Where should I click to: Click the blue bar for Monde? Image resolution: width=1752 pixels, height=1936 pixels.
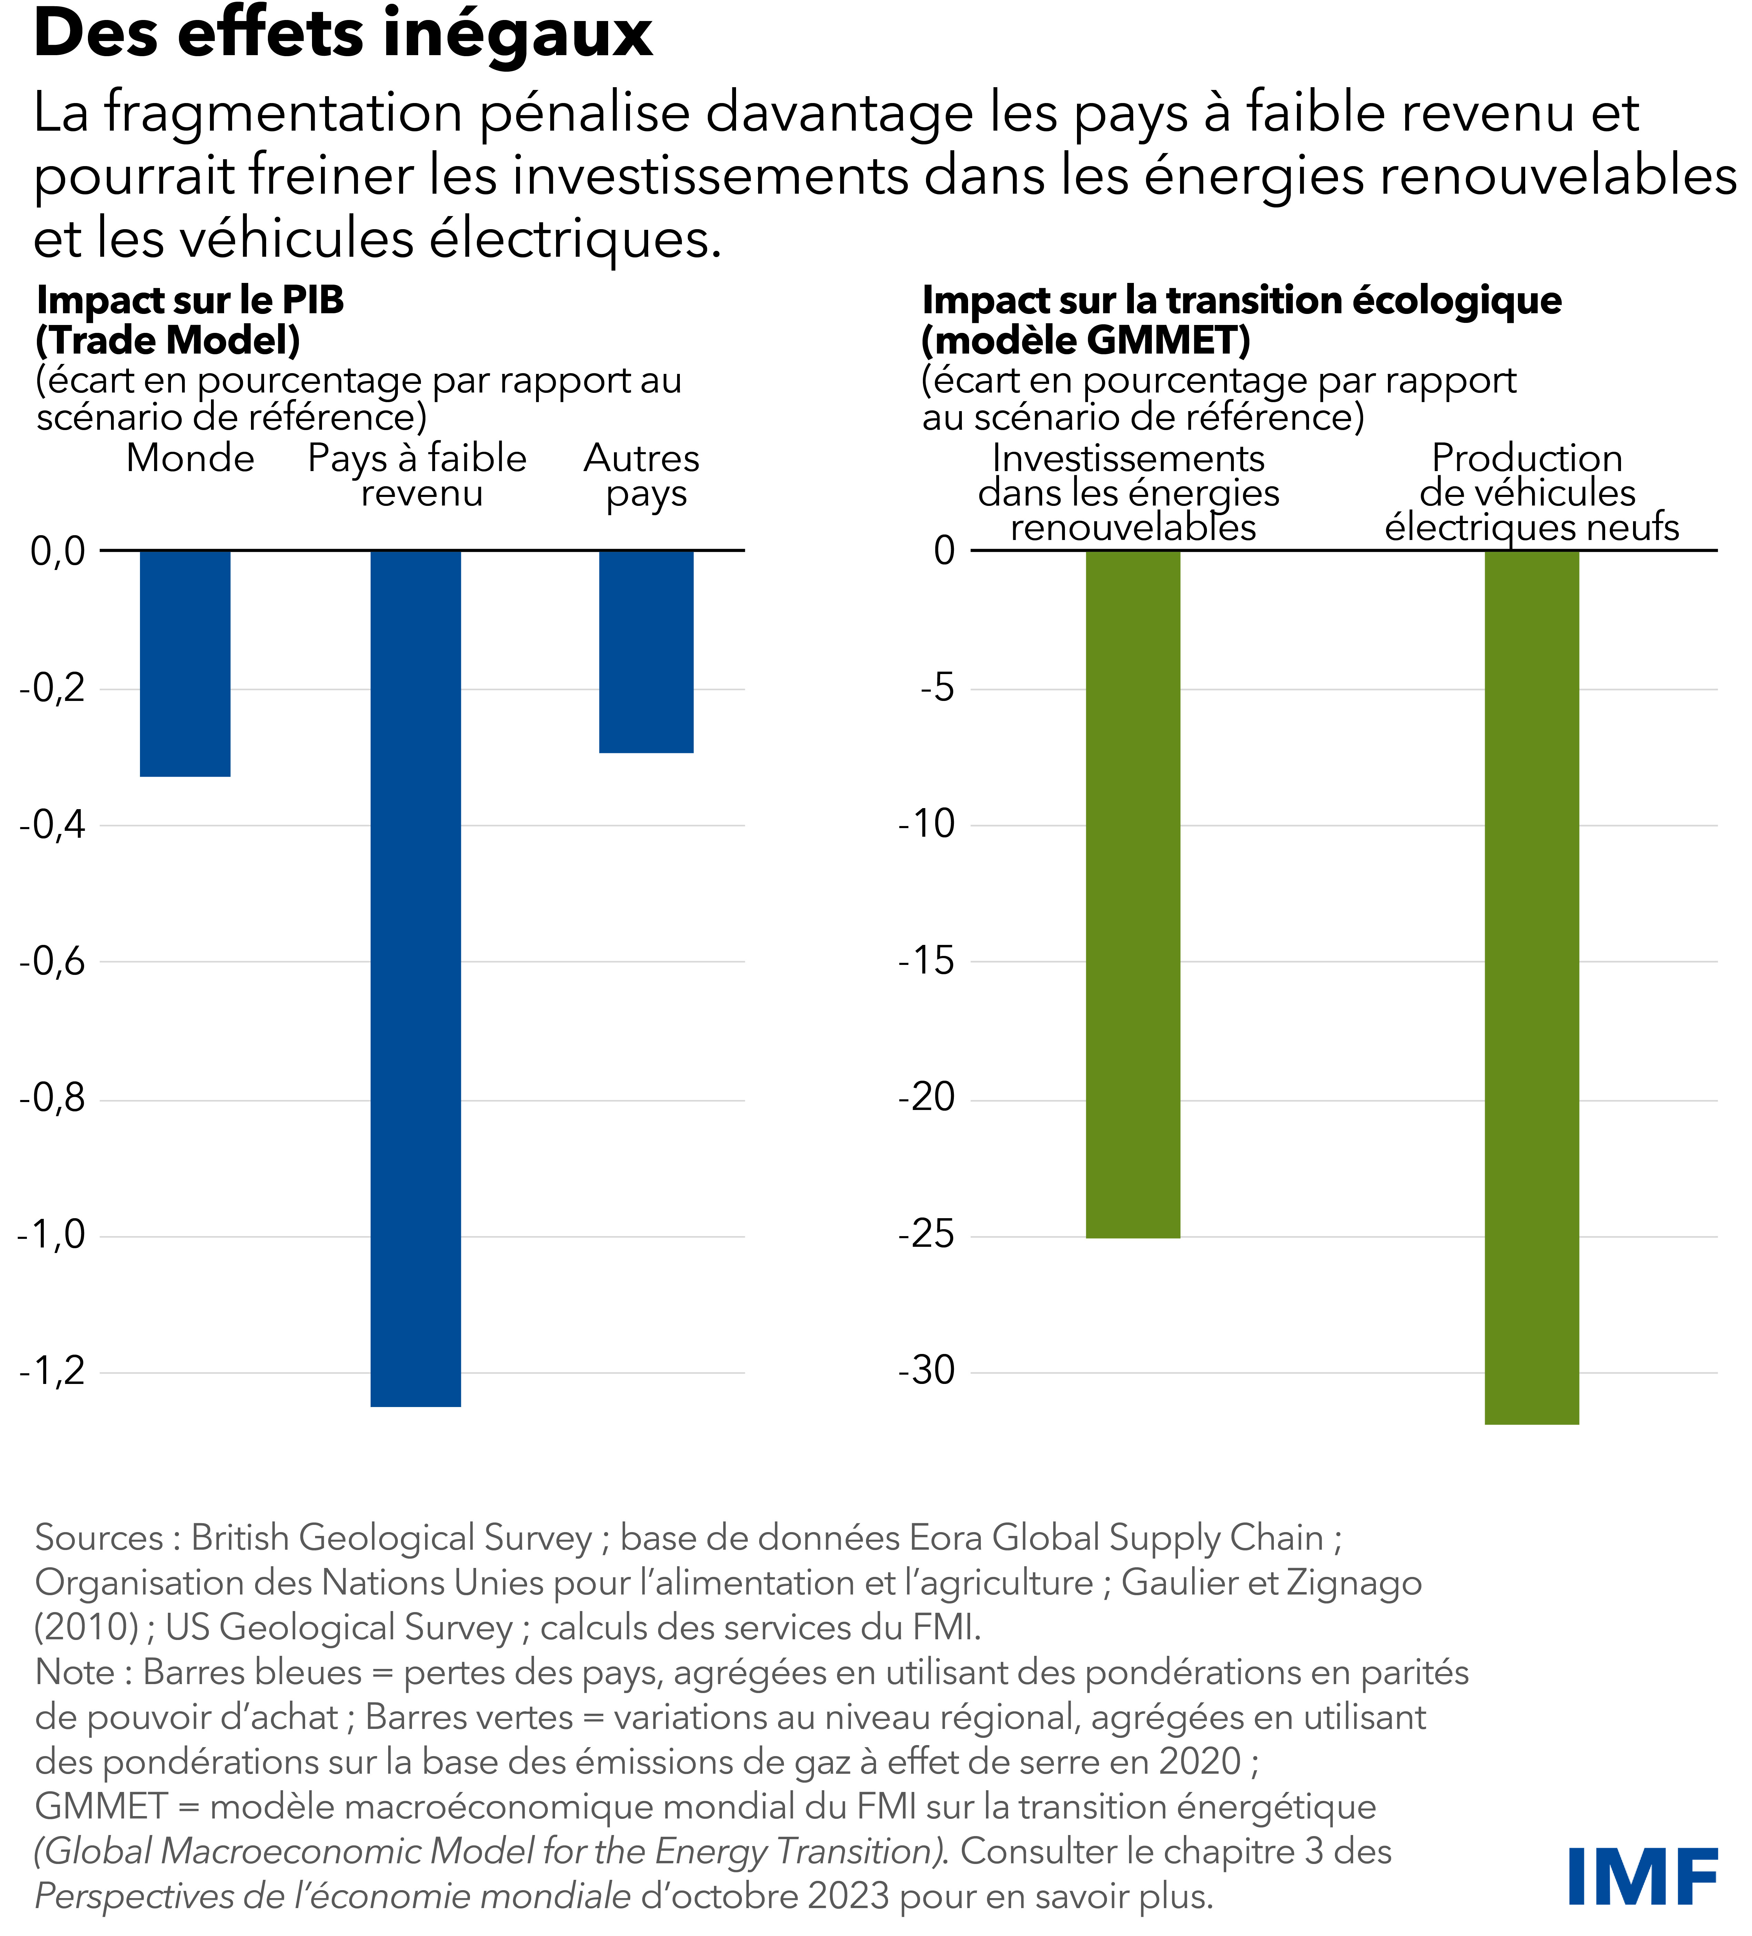(x=185, y=663)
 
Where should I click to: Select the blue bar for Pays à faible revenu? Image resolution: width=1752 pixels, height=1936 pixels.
(x=416, y=978)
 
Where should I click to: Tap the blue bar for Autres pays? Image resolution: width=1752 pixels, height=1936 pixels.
(x=646, y=651)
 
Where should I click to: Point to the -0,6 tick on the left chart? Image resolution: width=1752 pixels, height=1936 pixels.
(x=53, y=961)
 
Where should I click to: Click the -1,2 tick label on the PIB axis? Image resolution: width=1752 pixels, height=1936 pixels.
(x=53, y=1371)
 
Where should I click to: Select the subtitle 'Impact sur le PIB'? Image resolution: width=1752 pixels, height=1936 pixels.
(x=190, y=300)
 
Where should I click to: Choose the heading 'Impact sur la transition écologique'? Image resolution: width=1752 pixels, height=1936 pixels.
(x=1241, y=300)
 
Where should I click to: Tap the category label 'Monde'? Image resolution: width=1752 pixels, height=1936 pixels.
(x=190, y=459)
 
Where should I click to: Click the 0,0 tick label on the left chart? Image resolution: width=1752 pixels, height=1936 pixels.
(x=58, y=551)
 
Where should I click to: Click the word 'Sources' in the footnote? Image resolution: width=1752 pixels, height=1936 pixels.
(x=99, y=1538)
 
